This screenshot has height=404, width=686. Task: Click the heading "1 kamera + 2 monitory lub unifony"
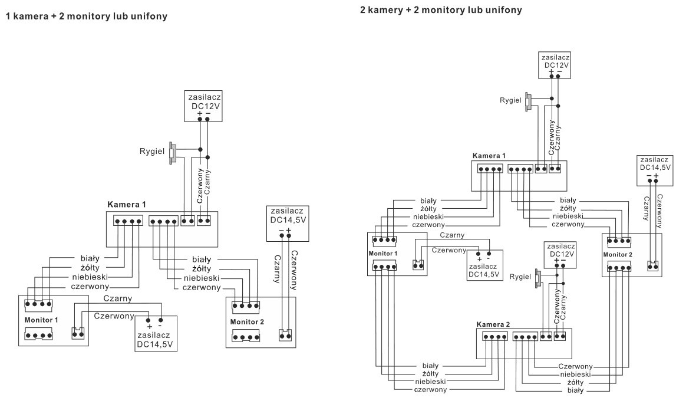click(86, 17)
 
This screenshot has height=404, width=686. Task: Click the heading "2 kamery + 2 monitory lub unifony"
click(441, 10)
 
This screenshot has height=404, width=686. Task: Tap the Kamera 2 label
click(494, 324)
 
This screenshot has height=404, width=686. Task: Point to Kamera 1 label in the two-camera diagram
click(489, 156)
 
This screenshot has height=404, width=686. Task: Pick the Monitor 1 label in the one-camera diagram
click(42, 320)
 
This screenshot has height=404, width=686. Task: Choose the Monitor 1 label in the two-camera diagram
click(384, 252)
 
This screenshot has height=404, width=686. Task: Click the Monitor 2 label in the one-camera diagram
click(248, 322)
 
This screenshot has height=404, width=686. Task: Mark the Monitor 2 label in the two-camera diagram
click(618, 254)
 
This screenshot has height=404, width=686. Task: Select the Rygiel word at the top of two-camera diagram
click(510, 100)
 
